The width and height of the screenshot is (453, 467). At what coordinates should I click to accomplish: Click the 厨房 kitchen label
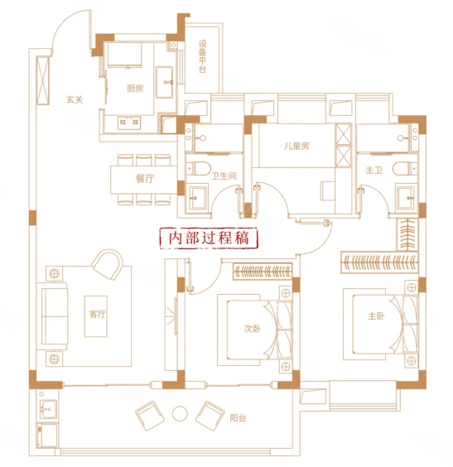pyautogui.click(x=135, y=89)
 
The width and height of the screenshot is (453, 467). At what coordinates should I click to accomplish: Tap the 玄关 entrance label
pyautogui.click(x=75, y=99)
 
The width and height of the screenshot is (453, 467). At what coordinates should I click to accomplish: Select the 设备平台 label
pyautogui.click(x=203, y=56)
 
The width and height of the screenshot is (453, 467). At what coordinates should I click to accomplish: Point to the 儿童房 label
pyautogui.click(x=296, y=146)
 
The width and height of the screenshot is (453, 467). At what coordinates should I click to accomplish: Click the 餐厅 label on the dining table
pyautogui.click(x=145, y=179)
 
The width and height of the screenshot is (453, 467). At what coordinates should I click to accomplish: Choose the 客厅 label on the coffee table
pyautogui.click(x=98, y=314)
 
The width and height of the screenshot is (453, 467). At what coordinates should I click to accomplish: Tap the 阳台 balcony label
pyautogui.click(x=238, y=418)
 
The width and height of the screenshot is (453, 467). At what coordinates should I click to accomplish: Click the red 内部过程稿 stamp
pyautogui.click(x=209, y=238)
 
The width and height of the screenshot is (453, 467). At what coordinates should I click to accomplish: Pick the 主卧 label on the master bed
pyautogui.click(x=376, y=315)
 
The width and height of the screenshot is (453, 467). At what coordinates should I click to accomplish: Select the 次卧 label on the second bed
pyautogui.click(x=253, y=329)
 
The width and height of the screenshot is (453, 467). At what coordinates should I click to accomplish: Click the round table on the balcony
pyautogui.click(x=180, y=414)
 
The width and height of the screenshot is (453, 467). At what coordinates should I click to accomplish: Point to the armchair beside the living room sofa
pyautogui.click(x=108, y=264)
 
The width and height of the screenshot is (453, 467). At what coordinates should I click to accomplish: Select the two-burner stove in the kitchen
pyautogui.click(x=129, y=122)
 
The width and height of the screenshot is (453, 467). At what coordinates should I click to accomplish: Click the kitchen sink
pyautogui.click(x=164, y=82)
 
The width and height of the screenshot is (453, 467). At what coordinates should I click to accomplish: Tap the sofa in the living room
pyautogui.click(x=52, y=315)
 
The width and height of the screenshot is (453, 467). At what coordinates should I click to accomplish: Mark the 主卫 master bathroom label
pyautogui.click(x=374, y=170)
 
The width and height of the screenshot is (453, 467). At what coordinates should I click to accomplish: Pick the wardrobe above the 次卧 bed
pyautogui.click(x=263, y=271)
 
